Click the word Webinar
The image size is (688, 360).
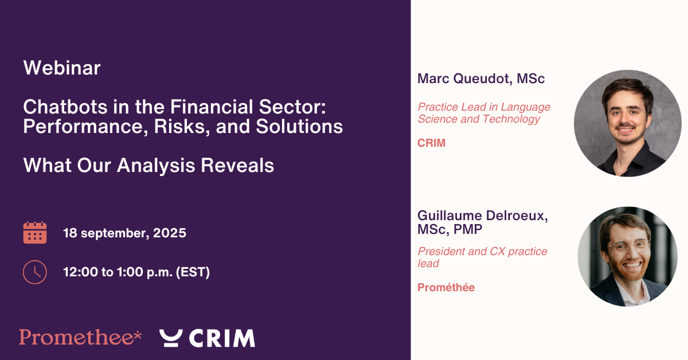point(62,68)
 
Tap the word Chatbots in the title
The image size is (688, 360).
point(65,107)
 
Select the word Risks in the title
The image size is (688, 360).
point(182,127)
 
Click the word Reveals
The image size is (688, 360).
point(237,165)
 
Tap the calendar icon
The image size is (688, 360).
point(35,233)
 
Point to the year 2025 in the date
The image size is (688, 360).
point(170,233)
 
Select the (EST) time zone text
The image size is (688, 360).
point(193,272)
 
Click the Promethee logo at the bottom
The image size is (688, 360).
point(80,337)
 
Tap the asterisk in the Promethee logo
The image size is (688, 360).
point(138,334)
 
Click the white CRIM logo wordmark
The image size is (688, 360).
point(222,338)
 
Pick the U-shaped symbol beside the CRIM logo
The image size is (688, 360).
point(171,338)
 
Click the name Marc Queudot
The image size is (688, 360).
point(464,79)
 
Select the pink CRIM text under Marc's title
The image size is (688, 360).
point(431,143)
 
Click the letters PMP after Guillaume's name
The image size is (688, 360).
point(468,229)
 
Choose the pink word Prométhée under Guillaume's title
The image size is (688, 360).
point(446,288)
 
